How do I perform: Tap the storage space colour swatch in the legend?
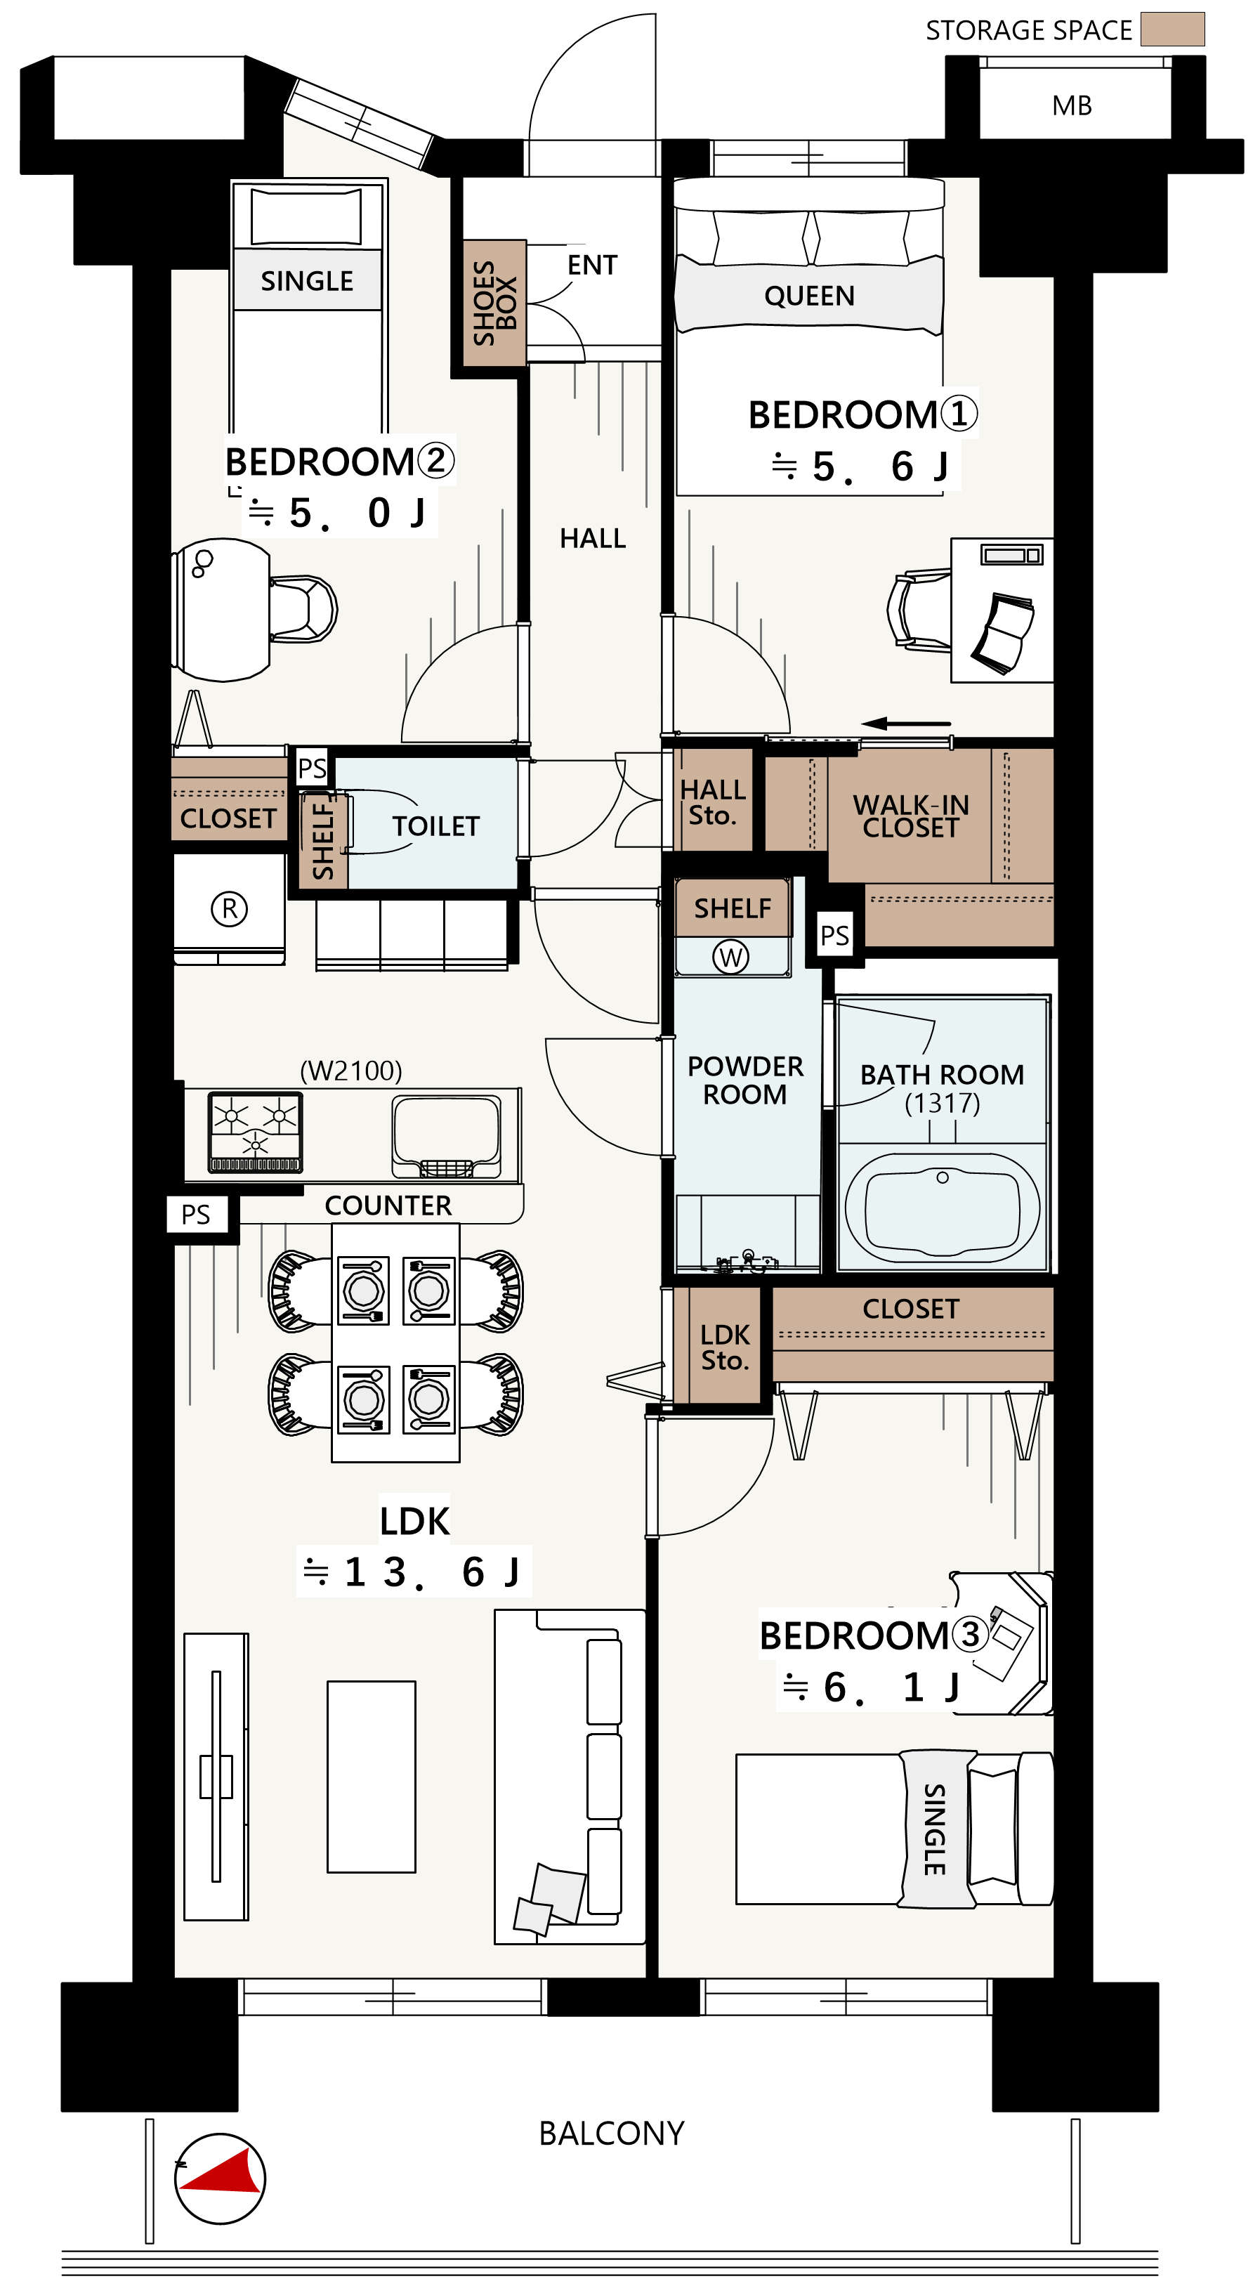pos(1172,30)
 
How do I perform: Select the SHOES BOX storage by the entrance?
pos(494,303)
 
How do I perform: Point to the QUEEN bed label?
pos(809,296)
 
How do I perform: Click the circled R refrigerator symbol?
pos(230,909)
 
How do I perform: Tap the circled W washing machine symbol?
pos(730,957)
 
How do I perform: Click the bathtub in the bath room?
pos(943,1207)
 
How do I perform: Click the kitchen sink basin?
pos(447,1136)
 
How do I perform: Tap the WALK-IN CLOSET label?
pos(910,816)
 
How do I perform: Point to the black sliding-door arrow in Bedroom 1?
pos(906,723)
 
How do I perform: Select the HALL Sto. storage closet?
pos(714,800)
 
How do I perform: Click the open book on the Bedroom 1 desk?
pos(1003,632)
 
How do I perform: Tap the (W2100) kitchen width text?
pos(350,1070)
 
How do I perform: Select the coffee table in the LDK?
pos(371,1777)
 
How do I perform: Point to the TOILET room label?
pos(436,826)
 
